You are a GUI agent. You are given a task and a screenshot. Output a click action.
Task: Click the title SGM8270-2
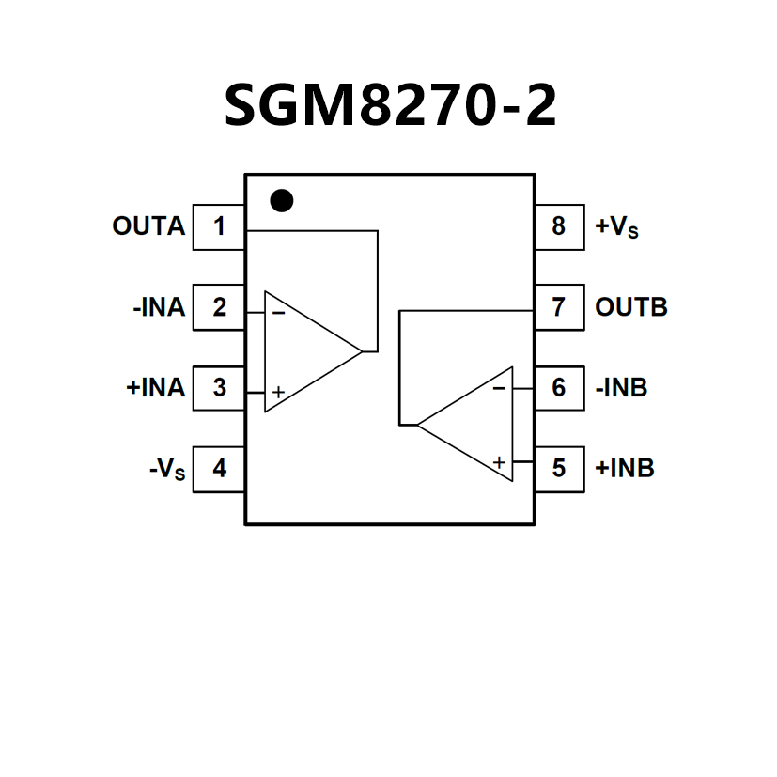[389, 105]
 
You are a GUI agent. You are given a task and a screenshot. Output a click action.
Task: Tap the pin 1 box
[219, 226]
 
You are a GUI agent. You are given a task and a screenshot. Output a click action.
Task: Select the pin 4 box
[219, 468]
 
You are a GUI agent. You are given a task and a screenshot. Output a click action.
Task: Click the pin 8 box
[559, 226]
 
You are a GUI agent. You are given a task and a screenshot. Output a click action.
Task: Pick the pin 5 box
[559, 468]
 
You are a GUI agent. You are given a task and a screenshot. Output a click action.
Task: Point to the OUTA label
[148, 226]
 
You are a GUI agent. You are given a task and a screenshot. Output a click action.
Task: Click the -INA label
[159, 307]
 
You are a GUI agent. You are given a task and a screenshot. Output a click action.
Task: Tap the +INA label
[155, 387]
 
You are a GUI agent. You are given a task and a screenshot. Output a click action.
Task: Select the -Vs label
[167, 469]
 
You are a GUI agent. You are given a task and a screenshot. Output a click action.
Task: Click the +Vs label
[617, 227]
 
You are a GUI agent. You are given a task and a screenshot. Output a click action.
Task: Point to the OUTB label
[631, 307]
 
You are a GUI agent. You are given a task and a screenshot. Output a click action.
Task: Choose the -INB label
[621, 387]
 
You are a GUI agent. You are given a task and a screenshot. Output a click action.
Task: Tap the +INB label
[625, 468]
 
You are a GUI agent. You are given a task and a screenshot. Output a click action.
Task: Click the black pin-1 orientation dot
[281, 200]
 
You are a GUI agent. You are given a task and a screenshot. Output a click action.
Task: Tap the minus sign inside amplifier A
[278, 312]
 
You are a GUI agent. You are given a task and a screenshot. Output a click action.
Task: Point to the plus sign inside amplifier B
[499, 462]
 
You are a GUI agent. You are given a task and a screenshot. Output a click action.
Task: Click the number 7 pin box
[559, 307]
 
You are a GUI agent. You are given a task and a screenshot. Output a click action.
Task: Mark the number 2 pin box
[219, 307]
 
